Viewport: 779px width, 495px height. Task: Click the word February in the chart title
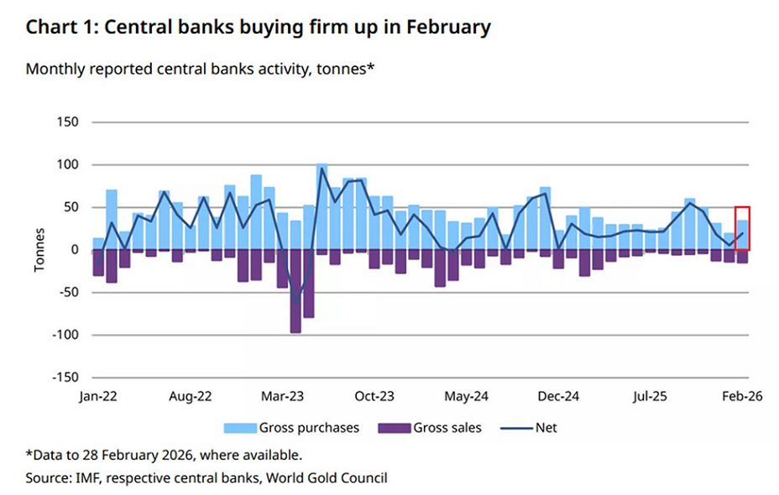point(448,27)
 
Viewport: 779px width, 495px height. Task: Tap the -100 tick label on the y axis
point(65,335)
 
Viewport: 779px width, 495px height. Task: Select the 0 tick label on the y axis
point(75,250)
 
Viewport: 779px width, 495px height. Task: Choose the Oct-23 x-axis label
point(374,395)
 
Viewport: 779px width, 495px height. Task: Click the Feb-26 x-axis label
point(742,395)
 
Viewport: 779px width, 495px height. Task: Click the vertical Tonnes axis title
point(38,250)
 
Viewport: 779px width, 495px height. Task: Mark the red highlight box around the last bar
point(742,227)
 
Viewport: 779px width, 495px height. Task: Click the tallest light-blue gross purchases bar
point(322,206)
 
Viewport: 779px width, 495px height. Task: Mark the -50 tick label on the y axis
point(68,293)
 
